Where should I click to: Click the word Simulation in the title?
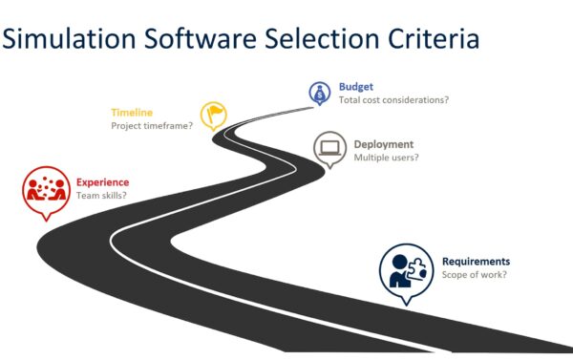pyautogui.click(x=69, y=39)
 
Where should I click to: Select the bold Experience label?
pyautogui.click(x=102, y=182)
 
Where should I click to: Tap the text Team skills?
pyautogui.click(x=101, y=196)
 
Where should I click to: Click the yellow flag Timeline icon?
pyautogui.click(x=213, y=116)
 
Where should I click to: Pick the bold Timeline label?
pyautogui.click(x=132, y=112)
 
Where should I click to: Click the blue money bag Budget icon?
pyautogui.click(x=318, y=93)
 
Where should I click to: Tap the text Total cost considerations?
pyautogui.click(x=393, y=99)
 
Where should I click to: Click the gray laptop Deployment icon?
pyautogui.click(x=330, y=148)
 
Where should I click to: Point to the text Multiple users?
pyautogui.click(x=386, y=158)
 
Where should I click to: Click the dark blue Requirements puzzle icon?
pyautogui.click(x=406, y=269)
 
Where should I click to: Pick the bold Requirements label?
pyautogui.click(x=476, y=262)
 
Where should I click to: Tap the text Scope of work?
pyautogui.click(x=474, y=275)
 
